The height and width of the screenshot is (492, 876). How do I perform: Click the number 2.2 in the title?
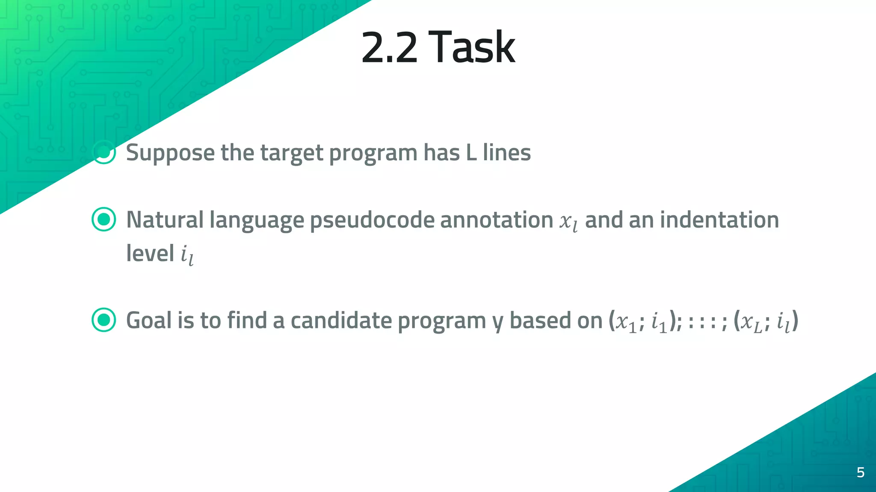click(389, 48)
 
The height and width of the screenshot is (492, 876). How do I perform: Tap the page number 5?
click(861, 472)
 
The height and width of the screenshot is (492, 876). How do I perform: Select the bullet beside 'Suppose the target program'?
click(104, 152)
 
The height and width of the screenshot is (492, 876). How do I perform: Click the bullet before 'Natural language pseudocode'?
click(104, 220)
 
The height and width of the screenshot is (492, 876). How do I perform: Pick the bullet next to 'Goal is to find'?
click(104, 320)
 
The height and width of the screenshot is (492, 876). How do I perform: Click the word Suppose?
click(170, 153)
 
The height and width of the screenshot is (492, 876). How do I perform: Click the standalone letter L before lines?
click(471, 152)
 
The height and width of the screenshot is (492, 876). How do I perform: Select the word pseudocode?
click(372, 220)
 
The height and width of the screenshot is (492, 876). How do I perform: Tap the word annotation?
click(497, 220)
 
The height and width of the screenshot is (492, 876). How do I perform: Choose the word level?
click(150, 253)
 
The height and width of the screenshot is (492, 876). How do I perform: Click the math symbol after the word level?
click(187, 255)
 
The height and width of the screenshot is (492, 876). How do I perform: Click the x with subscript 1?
click(625, 322)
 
